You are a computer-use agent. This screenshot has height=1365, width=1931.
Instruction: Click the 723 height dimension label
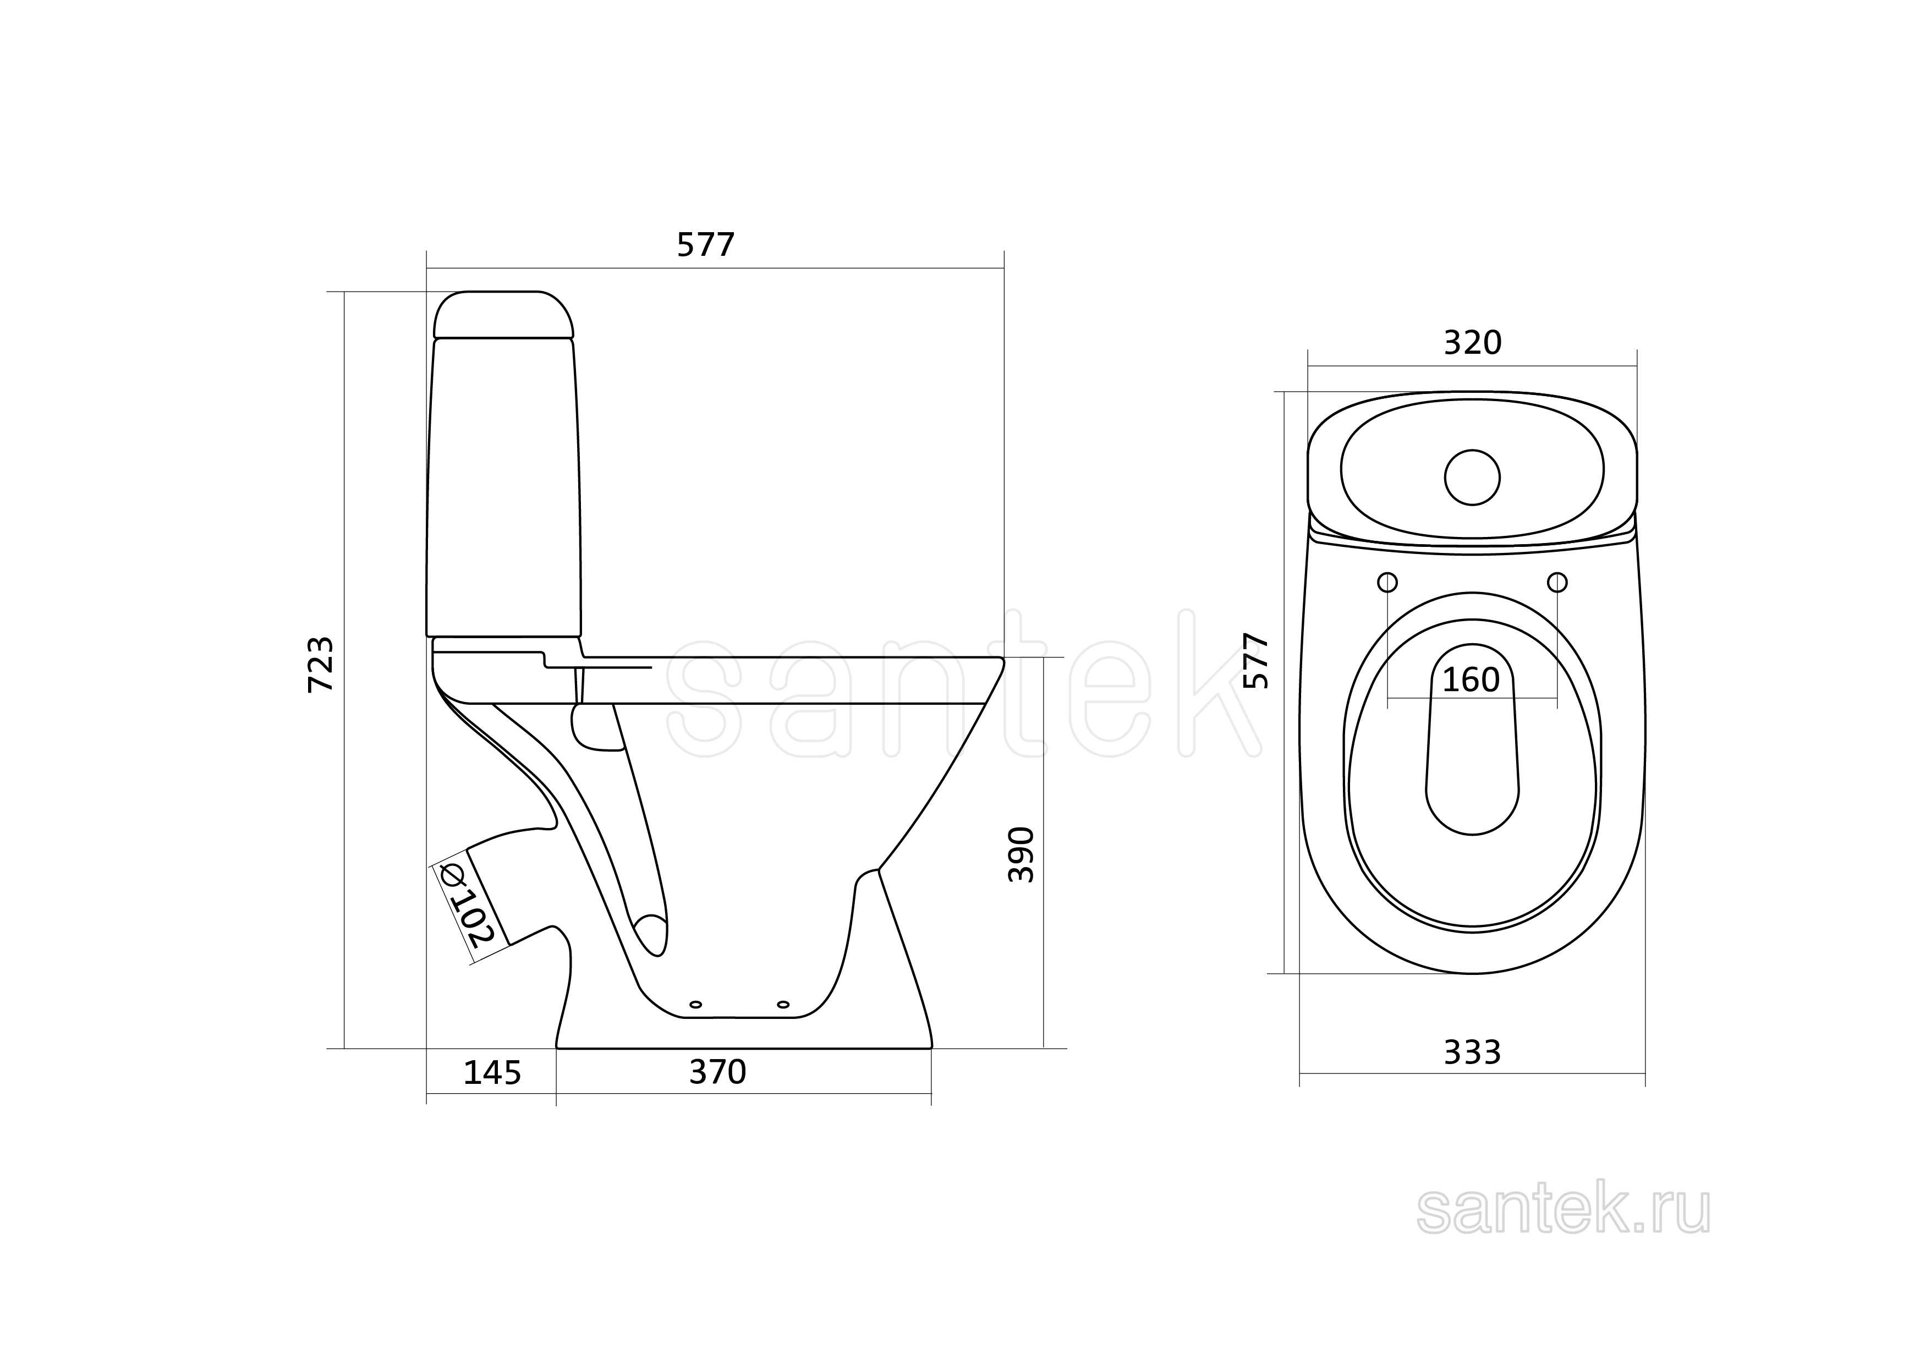pyautogui.click(x=320, y=665)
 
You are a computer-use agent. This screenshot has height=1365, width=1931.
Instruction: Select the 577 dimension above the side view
pyautogui.click(x=706, y=245)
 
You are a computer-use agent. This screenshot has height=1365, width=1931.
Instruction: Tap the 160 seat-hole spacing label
pyautogui.click(x=1471, y=679)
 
